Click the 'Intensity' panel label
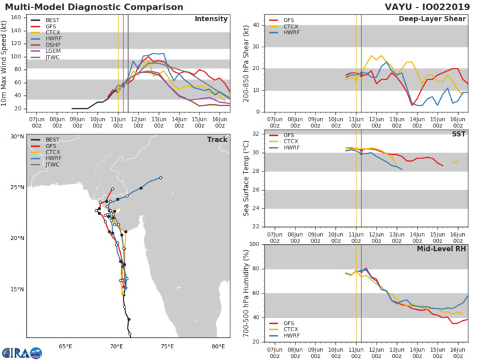click(x=211, y=19)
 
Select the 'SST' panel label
click(x=458, y=135)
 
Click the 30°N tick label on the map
click(x=16, y=136)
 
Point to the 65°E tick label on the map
click(x=66, y=346)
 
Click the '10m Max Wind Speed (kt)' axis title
click(x=6, y=63)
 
